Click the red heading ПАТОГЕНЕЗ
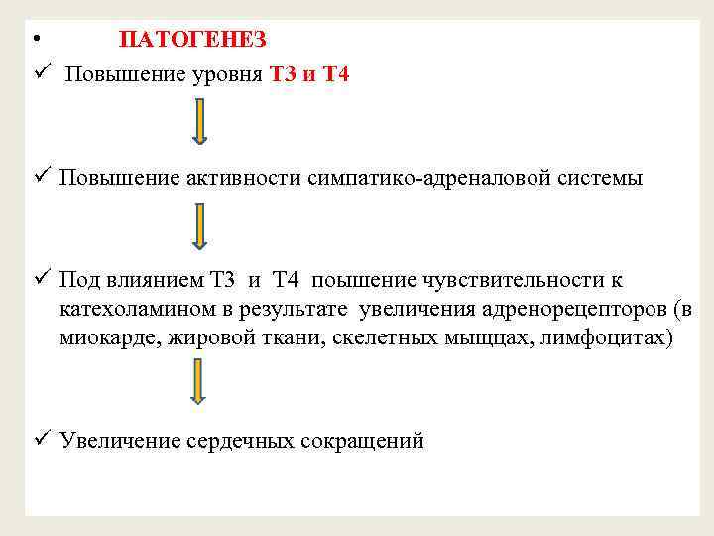(x=192, y=40)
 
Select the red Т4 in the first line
(x=336, y=75)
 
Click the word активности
(x=243, y=179)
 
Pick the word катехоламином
(x=122, y=310)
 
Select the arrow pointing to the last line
(x=198, y=382)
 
